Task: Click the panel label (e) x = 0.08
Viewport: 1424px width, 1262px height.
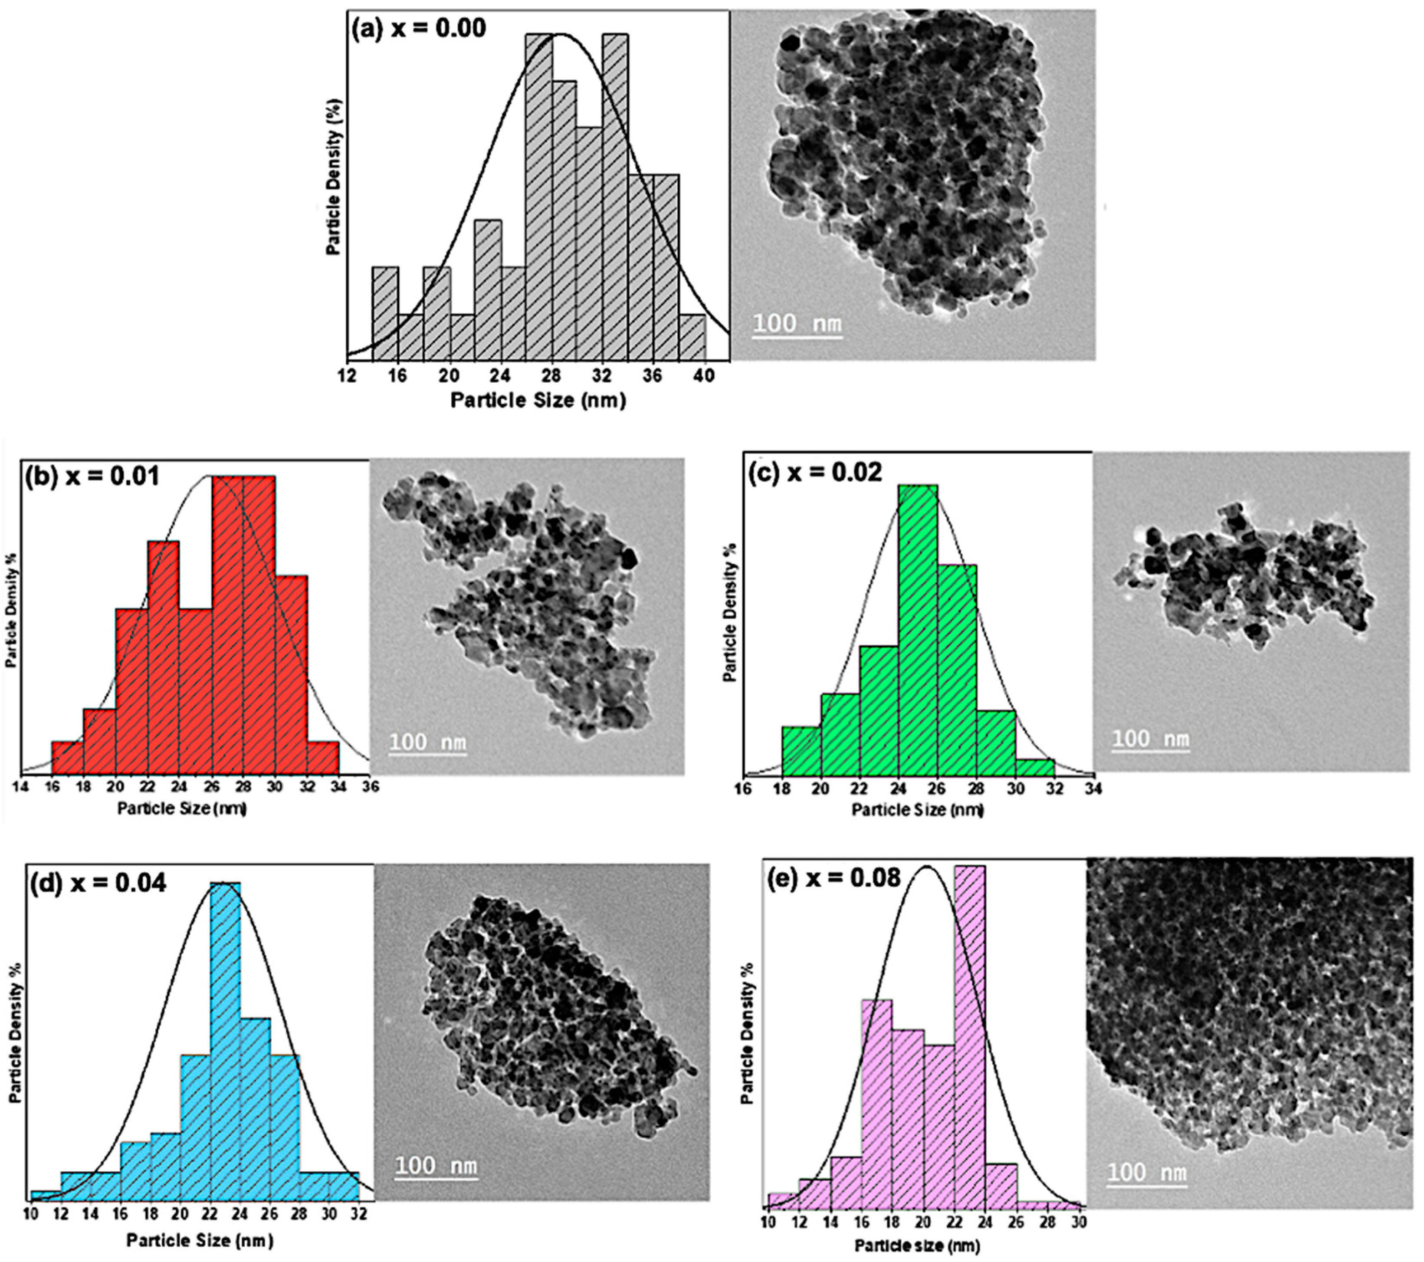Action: coord(833,878)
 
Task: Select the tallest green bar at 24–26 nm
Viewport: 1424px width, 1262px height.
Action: coord(918,627)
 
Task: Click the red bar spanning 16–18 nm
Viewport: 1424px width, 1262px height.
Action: coord(68,757)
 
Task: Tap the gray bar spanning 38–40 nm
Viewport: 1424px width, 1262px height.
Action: coord(692,336)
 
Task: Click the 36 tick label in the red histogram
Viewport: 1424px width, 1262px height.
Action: coord(371,787)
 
